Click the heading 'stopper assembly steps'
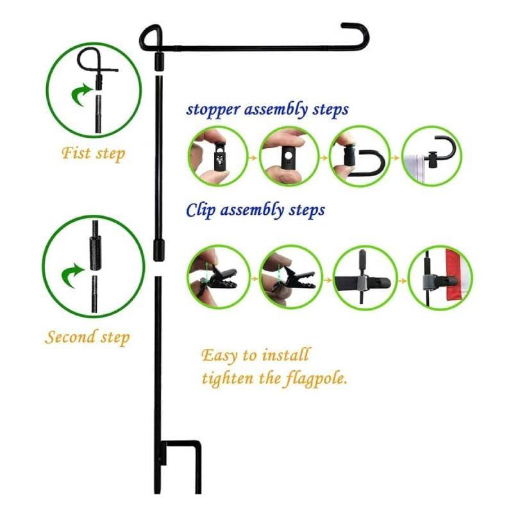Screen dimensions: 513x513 pos(267,108)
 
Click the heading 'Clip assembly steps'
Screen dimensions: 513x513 pos(255,210)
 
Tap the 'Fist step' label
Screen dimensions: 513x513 pos(94,154)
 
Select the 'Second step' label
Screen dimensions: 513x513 pos(87,337)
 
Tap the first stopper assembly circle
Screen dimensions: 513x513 pos(217,156)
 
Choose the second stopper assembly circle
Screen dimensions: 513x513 pos(289,156)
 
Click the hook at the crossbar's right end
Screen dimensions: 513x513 pos(357,33)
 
